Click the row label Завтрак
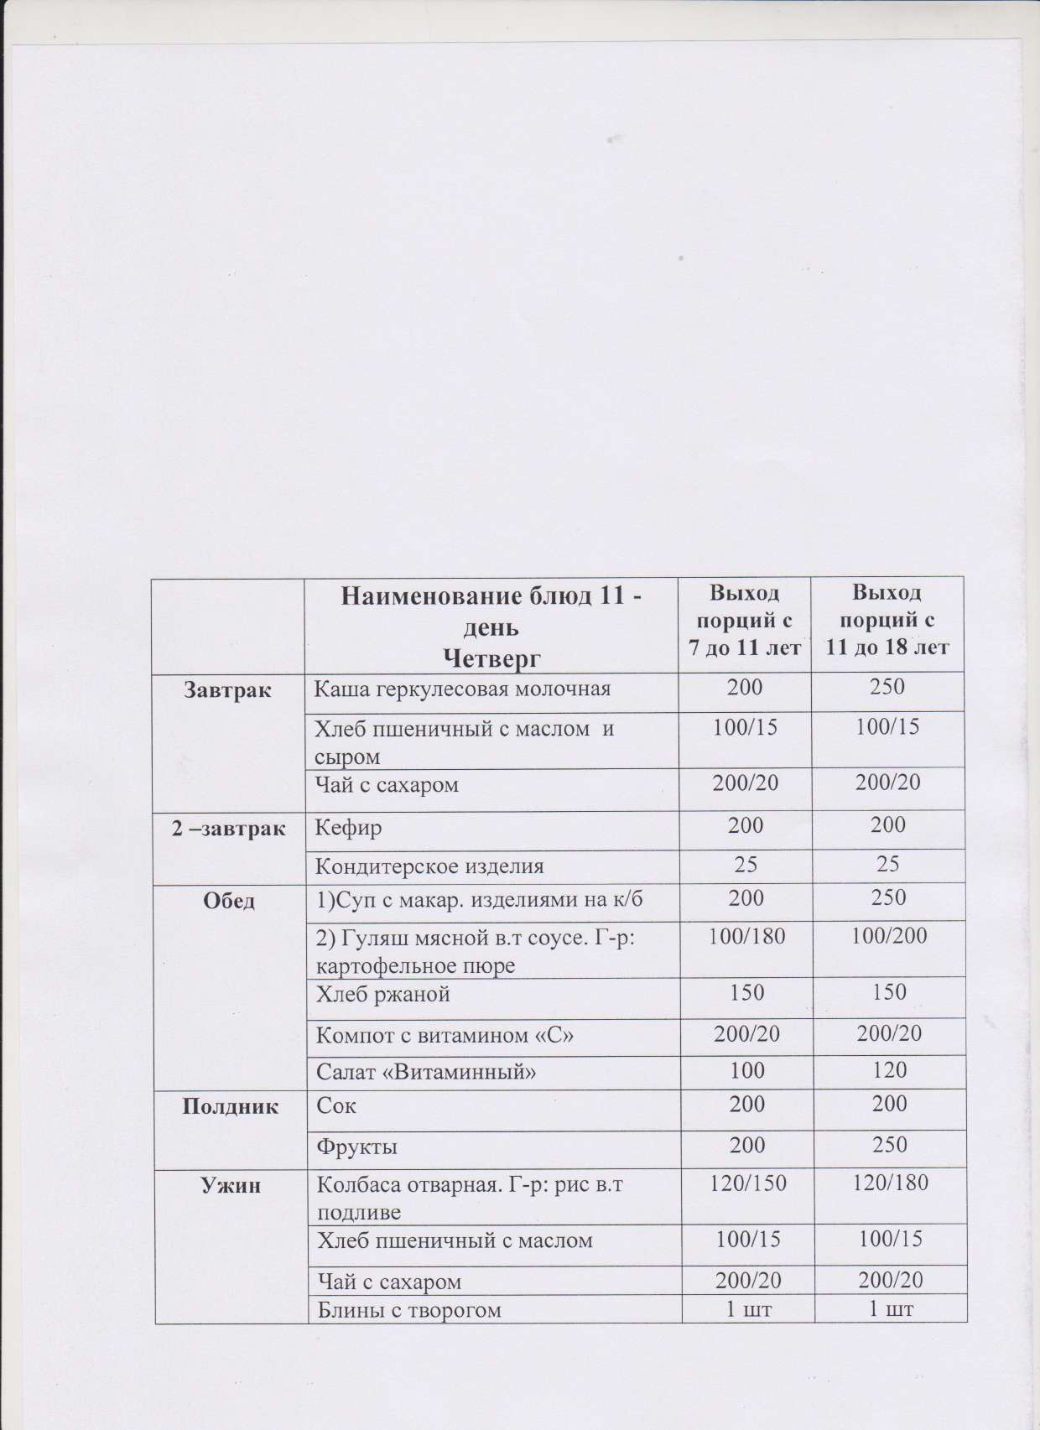pyautogui.click(x=228, y=691)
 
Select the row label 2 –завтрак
pyautogui.click(x=228, y=829)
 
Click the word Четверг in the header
pyautogui.click(x=491, y=658)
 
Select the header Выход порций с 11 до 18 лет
pyautogui.click(x=887, y=620)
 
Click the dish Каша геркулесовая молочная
pyautogui.click(x=461, y=689)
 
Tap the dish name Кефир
pyautogui.click(x=348, y=827)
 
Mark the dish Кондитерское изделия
pyautogui.click(x=429, y=866)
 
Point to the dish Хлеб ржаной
pyautogui.click(x=382, y=995)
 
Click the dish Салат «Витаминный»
pyautogui.click(x=425, y=1071)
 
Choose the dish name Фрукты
pyautogui.click(x=356, y=1146)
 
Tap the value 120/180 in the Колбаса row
pyautogui.click(x=888, y=1183)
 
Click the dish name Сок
pyautogui.click(x=336, y=1105)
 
